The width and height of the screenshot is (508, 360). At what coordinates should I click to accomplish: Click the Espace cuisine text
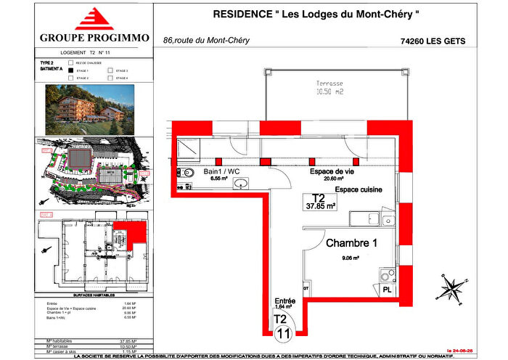(x=358, y=189)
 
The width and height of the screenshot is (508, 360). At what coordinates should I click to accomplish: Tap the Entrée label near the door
(x=284, y=300)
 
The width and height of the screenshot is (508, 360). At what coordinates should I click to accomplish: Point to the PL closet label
(x=388, y=289)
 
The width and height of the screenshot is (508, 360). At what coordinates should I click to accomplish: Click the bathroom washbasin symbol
(x=239, y=184)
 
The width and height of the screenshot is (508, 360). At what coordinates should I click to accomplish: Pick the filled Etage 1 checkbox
(x=70, y=70)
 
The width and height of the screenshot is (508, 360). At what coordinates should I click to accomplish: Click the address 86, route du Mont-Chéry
(x=206, y=41)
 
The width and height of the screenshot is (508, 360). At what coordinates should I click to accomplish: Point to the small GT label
(x=306, y=288)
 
